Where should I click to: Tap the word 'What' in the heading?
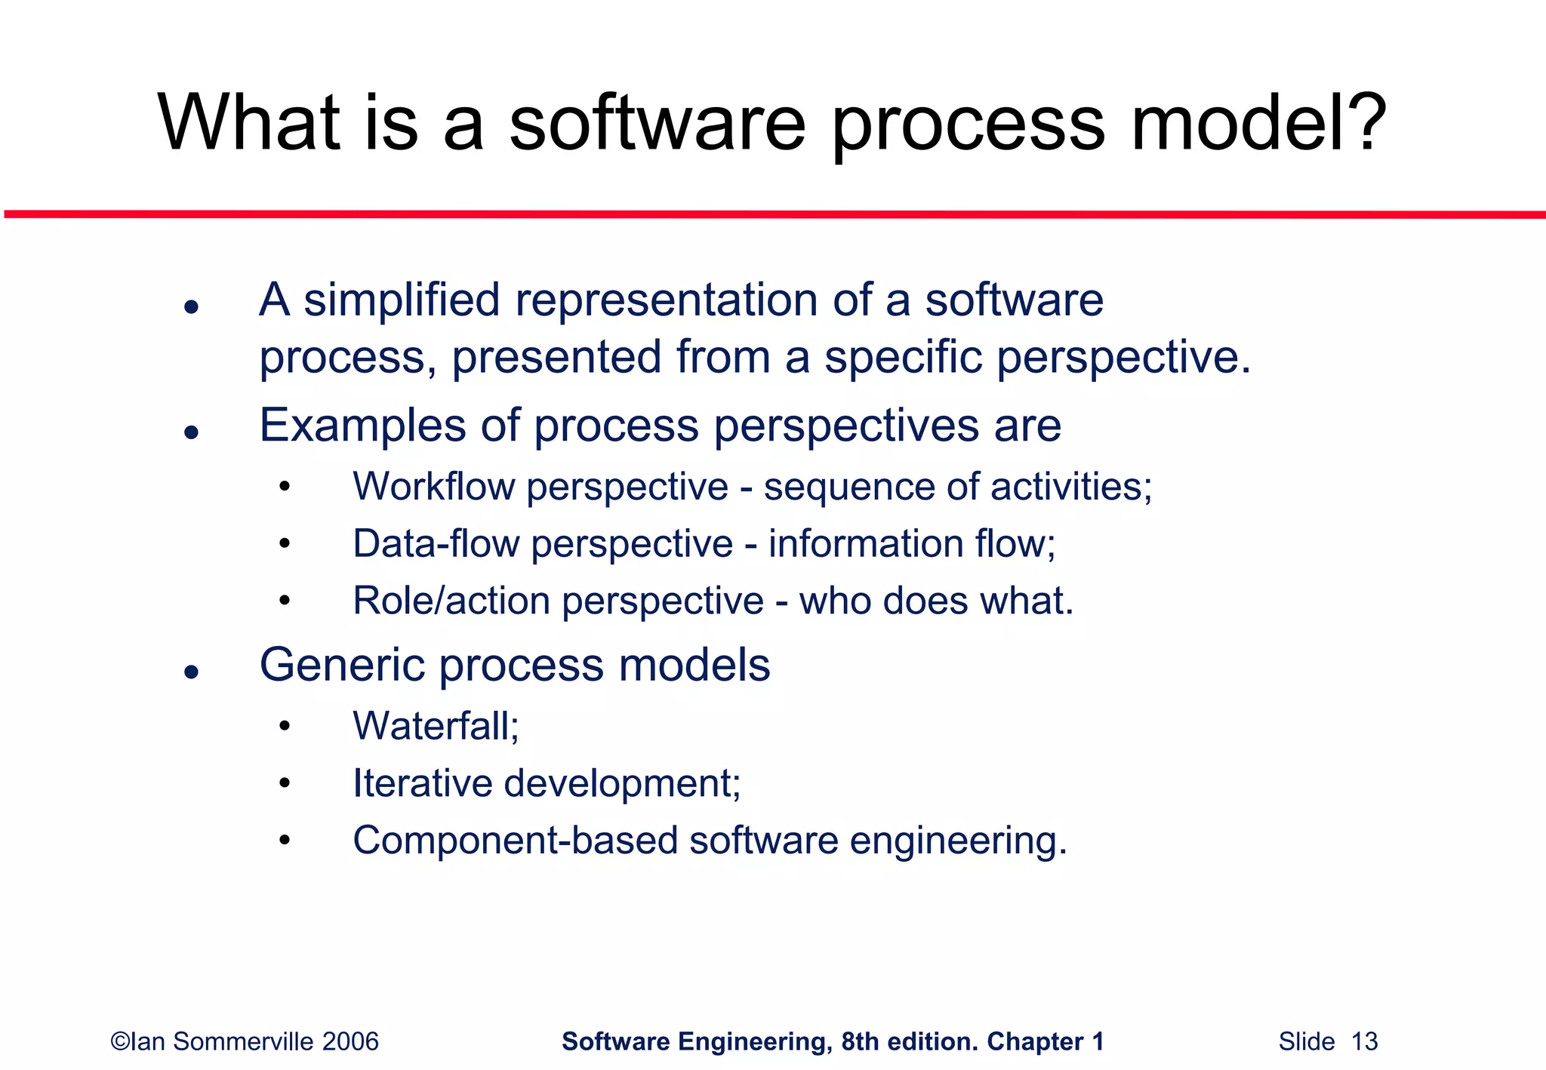(249, 122)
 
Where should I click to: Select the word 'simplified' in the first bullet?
(402, 300)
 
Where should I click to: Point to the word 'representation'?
(667, 300)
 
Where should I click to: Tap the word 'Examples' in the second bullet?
(362, 426)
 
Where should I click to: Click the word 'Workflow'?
(433, 487)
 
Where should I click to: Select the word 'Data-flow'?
(436, 544)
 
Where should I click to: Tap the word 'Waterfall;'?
(436, 726)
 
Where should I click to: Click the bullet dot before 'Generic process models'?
(191, 672)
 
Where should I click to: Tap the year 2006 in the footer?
(350, 1041)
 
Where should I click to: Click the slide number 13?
(1364, 1041)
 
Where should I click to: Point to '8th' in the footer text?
(861, 1041)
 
